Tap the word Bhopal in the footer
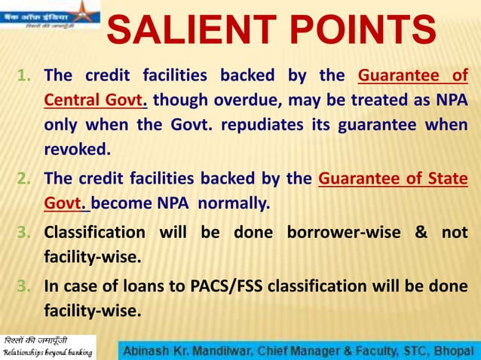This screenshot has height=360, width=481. click(x=457, y=350)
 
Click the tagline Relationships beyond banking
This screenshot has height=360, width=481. click(x=48, y=352)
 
